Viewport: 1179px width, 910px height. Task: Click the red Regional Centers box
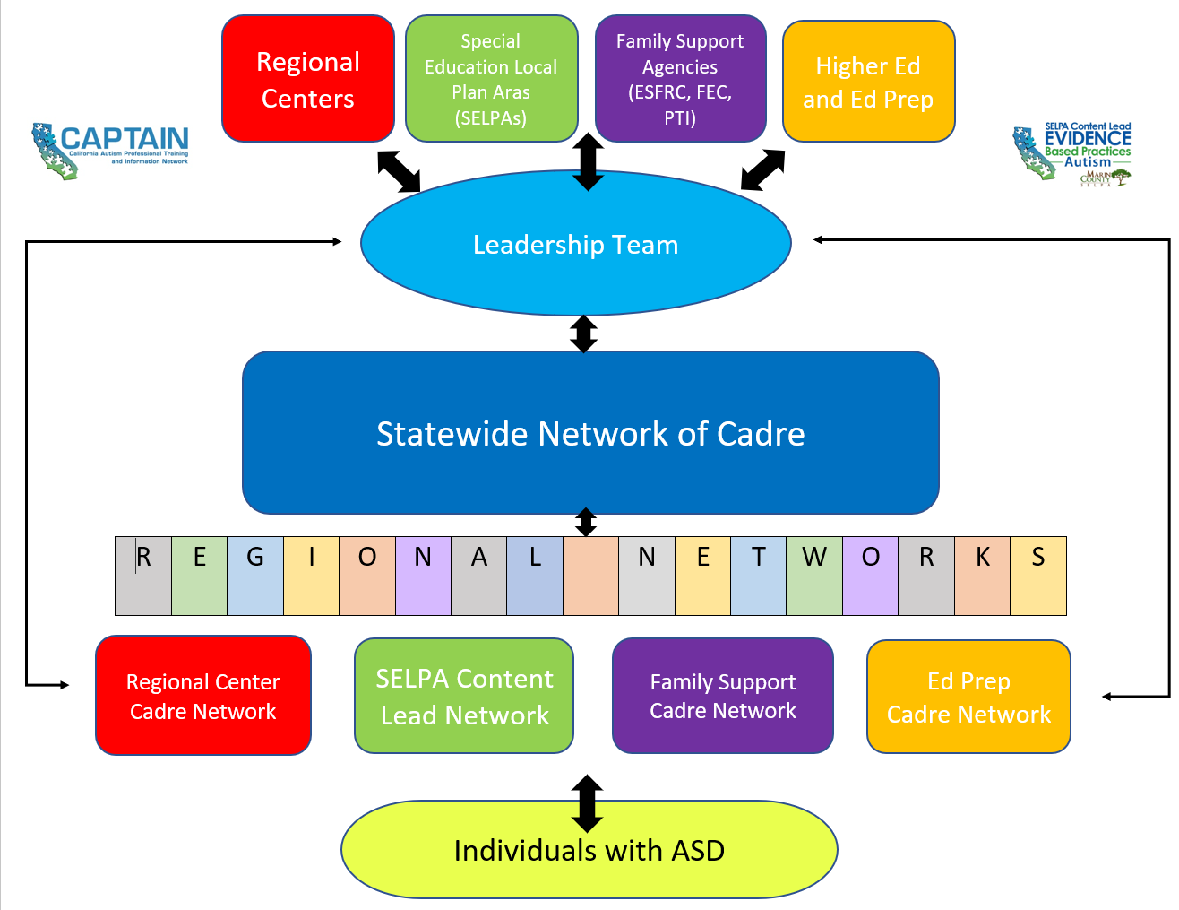click(x=307, y=79)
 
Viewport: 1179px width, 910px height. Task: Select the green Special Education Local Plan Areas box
click(x=491, y=79)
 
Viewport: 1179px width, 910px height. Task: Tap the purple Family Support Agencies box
click(x=680, y=79)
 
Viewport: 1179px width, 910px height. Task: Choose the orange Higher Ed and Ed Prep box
click(x=868, y=82)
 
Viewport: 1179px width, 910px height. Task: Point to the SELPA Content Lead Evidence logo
click(x=1072, y=154)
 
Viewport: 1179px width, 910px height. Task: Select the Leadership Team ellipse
click(x=575, y=244)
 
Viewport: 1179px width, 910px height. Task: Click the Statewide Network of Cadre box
click(x=590, y=433)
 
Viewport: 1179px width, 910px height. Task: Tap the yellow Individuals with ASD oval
click(x=589, y=850)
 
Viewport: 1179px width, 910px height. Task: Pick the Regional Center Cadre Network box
click(x=203, y=696)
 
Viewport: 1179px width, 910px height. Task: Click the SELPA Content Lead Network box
click(x=464, y=696)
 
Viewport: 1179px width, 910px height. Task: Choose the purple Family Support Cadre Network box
click(x=722, y=696)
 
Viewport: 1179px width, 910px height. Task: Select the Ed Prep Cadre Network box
click(x=968, y=697)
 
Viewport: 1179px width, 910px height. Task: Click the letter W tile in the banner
click(x=814, y=576)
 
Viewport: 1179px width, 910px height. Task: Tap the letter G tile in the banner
click(x=255, y=576)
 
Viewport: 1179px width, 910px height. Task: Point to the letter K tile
click(x=982, y=576)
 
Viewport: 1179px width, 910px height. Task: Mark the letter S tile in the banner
click(x=1038, y=576)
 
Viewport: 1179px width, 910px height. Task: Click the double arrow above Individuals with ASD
click(x=587, y=802)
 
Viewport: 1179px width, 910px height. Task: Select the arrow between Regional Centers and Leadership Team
click(x=399, y=170)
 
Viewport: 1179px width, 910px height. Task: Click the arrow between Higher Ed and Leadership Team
click(x=763, y=169)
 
